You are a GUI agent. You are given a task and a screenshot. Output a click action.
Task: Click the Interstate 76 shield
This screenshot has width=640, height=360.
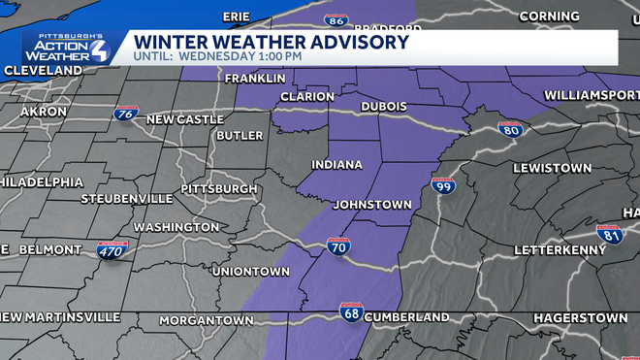tap(124, 114)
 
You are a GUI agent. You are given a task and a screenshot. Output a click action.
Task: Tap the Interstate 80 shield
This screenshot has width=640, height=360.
tap(512, 129)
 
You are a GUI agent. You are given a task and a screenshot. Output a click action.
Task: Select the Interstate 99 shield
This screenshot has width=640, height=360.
tap(443, 184)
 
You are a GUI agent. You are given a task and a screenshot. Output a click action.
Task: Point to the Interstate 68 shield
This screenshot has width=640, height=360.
tap(351, 311)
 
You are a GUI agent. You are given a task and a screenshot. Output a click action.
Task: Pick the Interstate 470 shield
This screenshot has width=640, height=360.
tap(110, 250)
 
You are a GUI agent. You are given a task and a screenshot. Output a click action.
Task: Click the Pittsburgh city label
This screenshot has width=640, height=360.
tap(219, 188)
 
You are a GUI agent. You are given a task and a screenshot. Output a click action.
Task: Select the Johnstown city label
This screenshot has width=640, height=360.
tap(372, 205)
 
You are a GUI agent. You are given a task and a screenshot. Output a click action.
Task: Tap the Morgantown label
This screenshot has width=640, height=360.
tap(206, 320)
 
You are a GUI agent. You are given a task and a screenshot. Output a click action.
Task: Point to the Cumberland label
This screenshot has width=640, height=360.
tap(407, 317)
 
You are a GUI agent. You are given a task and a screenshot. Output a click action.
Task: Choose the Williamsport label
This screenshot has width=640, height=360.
tap(592, 94)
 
